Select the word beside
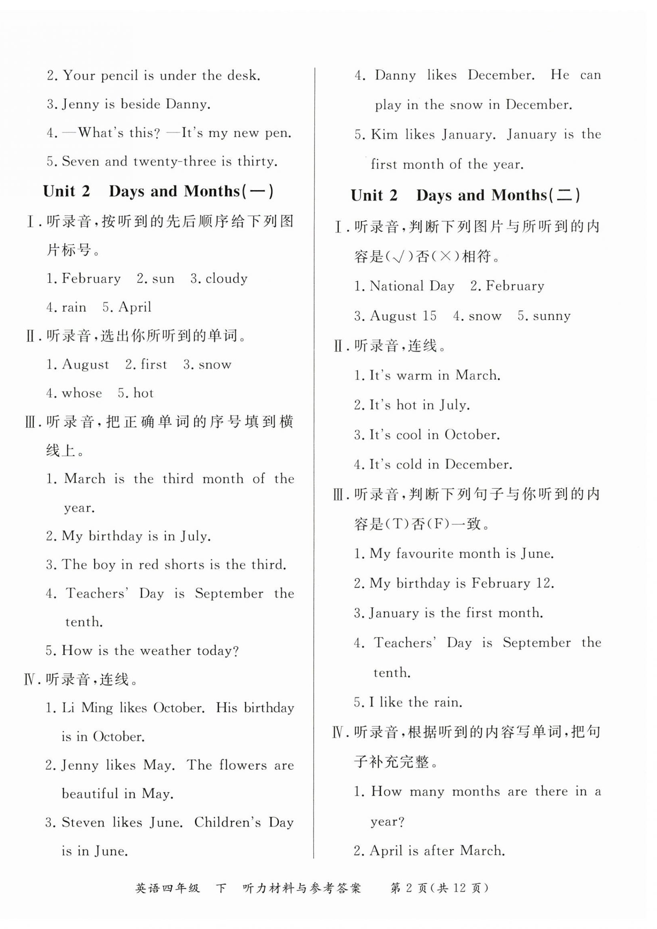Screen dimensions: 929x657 [x=140, y=104]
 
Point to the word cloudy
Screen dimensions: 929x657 [x=226, y=278]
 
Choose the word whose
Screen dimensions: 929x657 [x=82, y=393]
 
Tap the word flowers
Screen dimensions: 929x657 [x=243, y=765]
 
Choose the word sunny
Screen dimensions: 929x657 [x=551, y=316]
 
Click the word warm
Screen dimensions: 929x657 [x=412, y=375]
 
